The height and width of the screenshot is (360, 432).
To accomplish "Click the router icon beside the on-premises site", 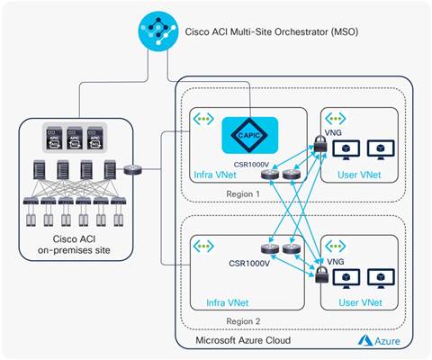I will point(135,168).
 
